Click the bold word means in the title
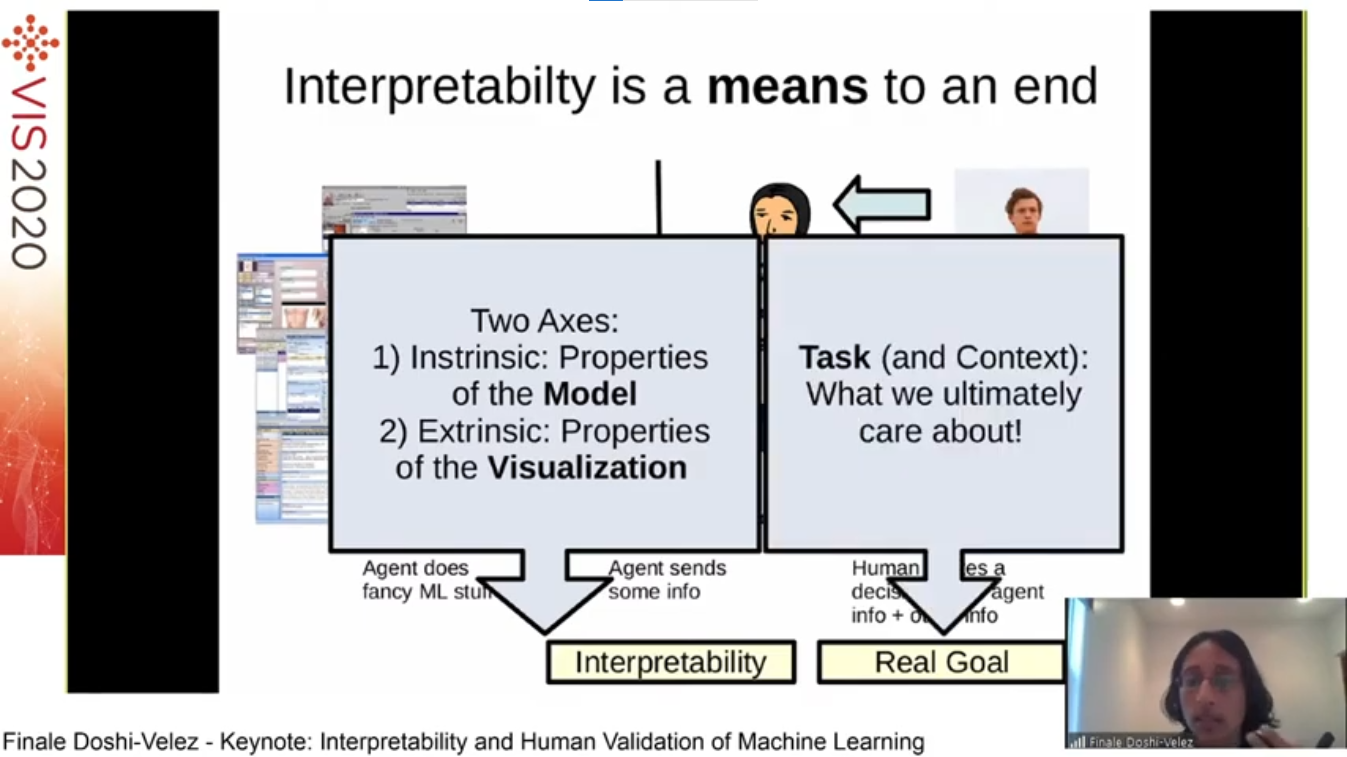pyautogui.click(x=787, y=88)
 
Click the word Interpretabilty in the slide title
pyautogui.click(x=439, y=88)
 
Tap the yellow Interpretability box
pyautogui.click(x=671, y=662)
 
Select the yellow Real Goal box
pyautogui.click(x=941, y=662)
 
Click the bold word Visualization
pyautogui.click(x=587, y=467)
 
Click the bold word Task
pyautogui.click(x=834, y=357)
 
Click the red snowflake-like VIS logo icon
pyautogui.click(x=30, y=42)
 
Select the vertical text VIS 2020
pyautogui.click(x=29, y=172)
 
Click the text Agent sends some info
pyautogui.click(x=667, y=579)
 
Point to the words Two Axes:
pyautogui.click(x=544, y=320)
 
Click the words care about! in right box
pyautogui.click(x=940, y=431)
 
